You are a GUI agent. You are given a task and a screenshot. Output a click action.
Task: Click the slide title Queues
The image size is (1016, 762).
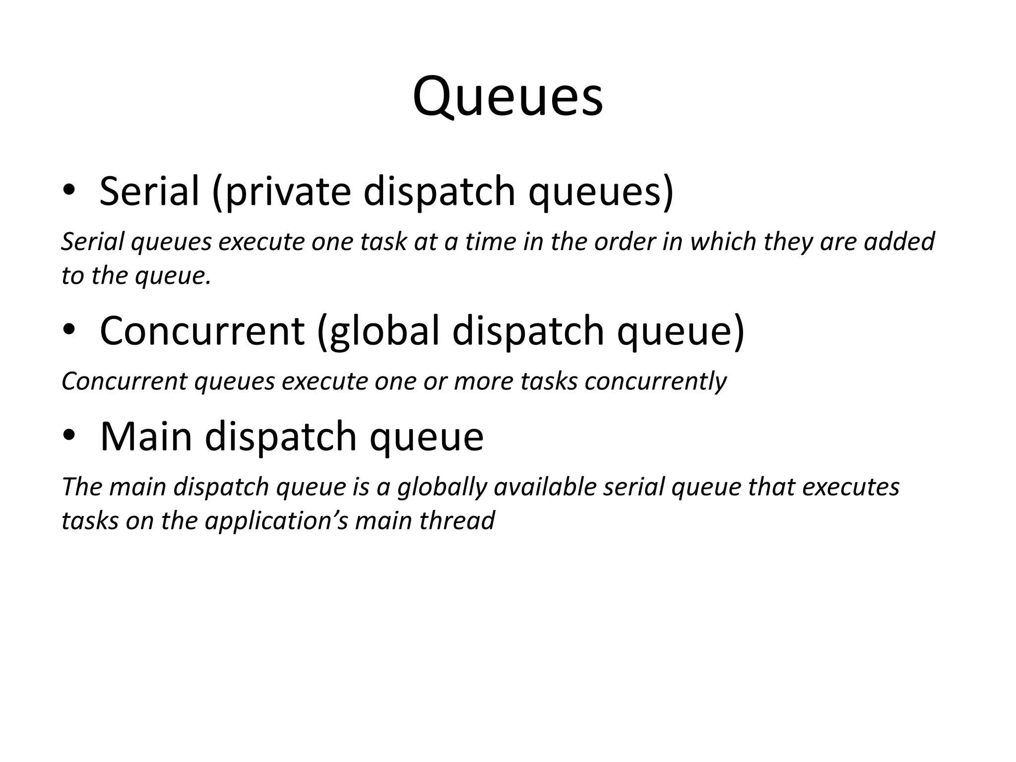(508, 96)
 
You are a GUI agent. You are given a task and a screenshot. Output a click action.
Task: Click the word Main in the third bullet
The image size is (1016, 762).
(146, 437)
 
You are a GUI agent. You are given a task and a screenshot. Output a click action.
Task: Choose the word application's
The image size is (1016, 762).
(276, 521)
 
